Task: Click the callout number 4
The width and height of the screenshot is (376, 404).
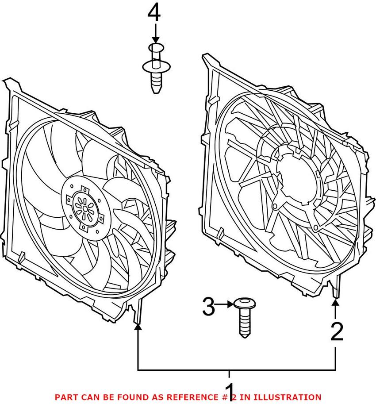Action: point(154,13)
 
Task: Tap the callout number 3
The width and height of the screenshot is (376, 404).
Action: point(208,307)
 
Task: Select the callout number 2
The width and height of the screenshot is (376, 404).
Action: point(337,332)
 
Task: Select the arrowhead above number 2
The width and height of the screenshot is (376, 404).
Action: point(336,303)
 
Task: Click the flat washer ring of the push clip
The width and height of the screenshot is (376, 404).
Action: point(155,67)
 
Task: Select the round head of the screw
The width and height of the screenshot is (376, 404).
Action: point(243,303)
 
